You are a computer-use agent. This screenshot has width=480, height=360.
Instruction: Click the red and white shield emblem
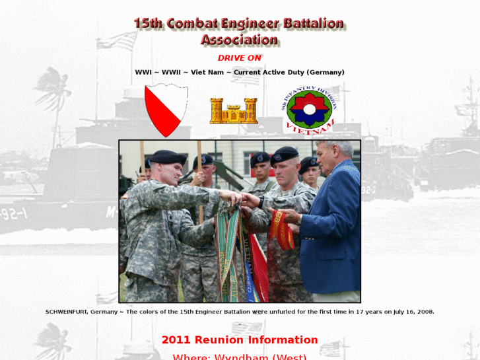pyautogui.click(x=166, y=110)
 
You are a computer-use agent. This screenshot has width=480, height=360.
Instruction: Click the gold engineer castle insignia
pyautogui.click(x=233, y=111)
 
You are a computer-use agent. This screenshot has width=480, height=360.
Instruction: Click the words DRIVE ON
pyautogui.click(x=240, y=58)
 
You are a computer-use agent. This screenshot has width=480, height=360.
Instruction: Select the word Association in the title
pyautogui.click(x=239, y=40)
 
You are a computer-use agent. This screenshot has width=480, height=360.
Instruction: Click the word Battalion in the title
pyautogui.click(x=314, y=23)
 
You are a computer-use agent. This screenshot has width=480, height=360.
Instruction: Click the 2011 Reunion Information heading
pyautogui.click(x=240, y=340)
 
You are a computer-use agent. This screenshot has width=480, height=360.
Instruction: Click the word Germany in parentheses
pyautogui.click(x=326, y=72)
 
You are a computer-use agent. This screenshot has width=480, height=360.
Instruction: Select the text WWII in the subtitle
pyautogui.click(x=171, y=72)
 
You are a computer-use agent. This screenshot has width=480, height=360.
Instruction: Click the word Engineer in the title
pyautogui.click(x=244, y=23)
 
